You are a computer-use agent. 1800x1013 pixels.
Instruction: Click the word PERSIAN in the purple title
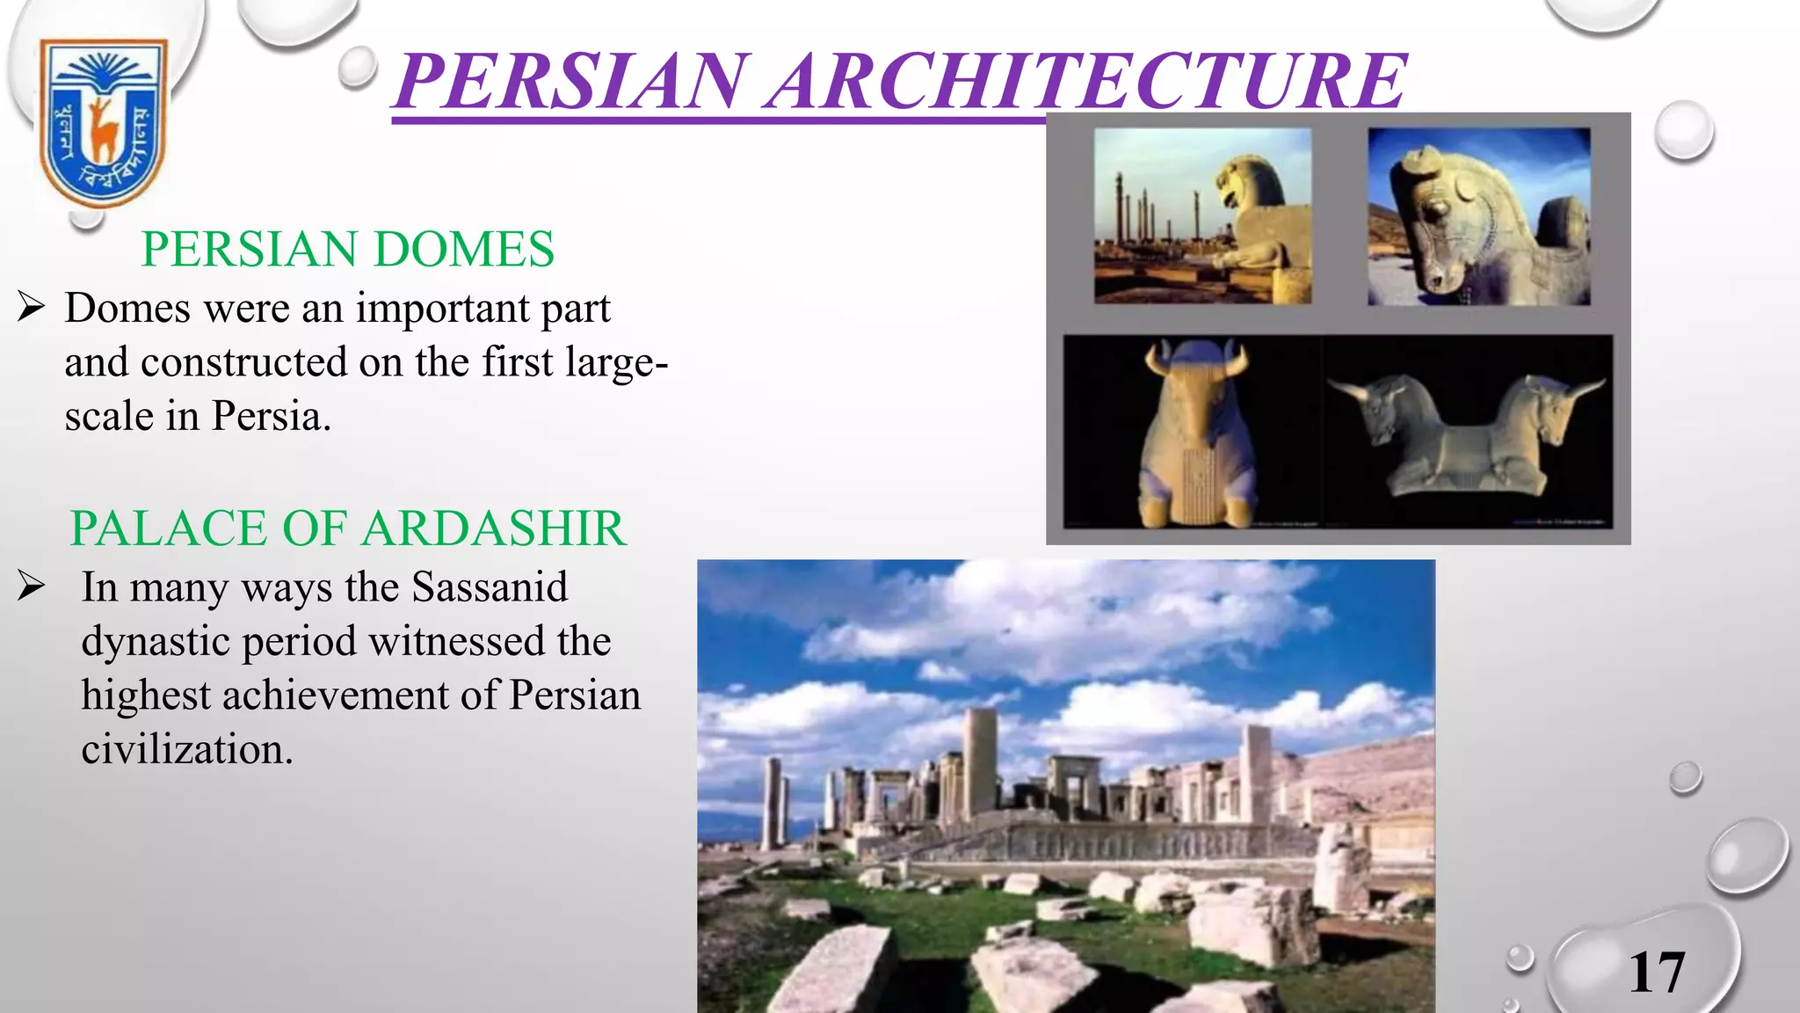click(571, 81)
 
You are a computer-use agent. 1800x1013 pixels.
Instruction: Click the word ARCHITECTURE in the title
click(1086, 81)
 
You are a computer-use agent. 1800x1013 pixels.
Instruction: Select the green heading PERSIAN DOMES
click(348, 249)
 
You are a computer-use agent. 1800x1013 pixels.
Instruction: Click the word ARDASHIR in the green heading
click(493, 528)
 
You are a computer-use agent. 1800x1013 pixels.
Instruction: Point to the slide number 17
click(1657, 973)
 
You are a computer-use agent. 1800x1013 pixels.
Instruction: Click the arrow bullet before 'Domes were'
click(31, 308)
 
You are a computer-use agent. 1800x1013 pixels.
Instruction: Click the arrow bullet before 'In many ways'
click(31, 587)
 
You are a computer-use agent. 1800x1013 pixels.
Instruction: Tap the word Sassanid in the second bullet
click(490, 587)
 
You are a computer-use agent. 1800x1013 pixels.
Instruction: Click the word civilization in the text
click(186, 750)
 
